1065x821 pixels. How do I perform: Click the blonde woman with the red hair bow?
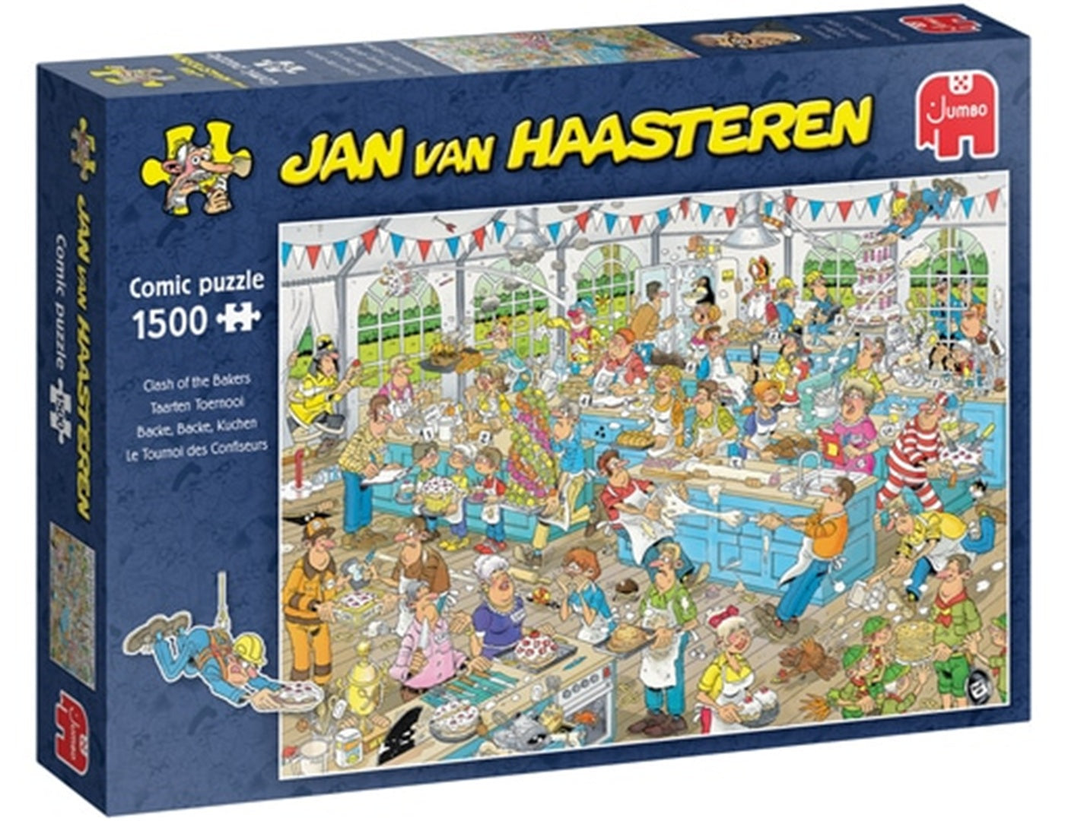tap(730, 661)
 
